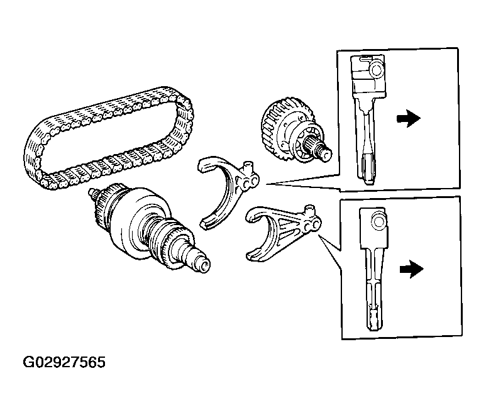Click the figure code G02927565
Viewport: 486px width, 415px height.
64,362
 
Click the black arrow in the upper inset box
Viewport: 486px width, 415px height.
409,118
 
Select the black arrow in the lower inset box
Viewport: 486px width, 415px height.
411,269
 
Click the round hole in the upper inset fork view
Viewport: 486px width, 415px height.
377,70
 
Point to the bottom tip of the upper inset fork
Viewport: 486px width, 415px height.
368,182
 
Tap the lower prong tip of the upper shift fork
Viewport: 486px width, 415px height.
204,224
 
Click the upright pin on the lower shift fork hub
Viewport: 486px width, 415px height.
309,211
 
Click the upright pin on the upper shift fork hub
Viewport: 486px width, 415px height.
248,167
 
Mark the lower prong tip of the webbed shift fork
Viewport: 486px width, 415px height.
250,256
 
